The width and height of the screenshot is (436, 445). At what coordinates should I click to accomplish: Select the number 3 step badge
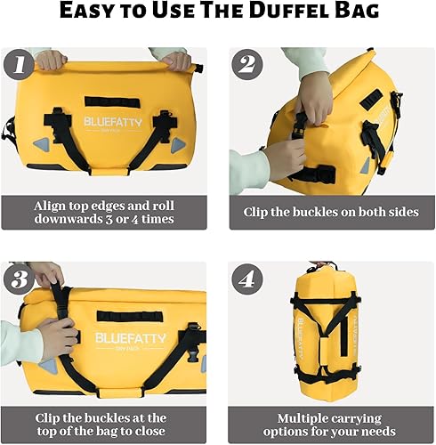20,279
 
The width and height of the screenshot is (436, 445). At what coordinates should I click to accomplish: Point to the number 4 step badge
246,279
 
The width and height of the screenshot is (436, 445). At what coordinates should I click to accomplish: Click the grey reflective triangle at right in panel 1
180,143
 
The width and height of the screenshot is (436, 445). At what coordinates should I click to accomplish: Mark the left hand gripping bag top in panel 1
51,59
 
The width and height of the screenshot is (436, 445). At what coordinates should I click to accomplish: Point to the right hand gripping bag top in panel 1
176,60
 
